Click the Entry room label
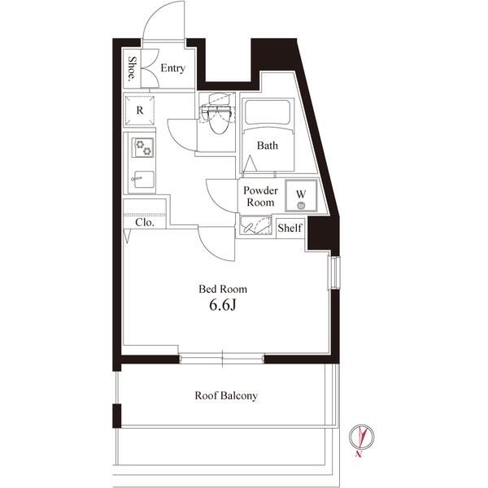(172, 68)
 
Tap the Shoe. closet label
(131, 69)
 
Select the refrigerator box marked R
(140, 110)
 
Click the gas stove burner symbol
(144, 147)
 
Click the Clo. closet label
(145, 221)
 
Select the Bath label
(268, 146)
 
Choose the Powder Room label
(259, 196)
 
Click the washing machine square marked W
(300, 195)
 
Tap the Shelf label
(290, 229)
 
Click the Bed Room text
(224, 289)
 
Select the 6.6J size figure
(224, 307)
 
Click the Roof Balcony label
(226, 396)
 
